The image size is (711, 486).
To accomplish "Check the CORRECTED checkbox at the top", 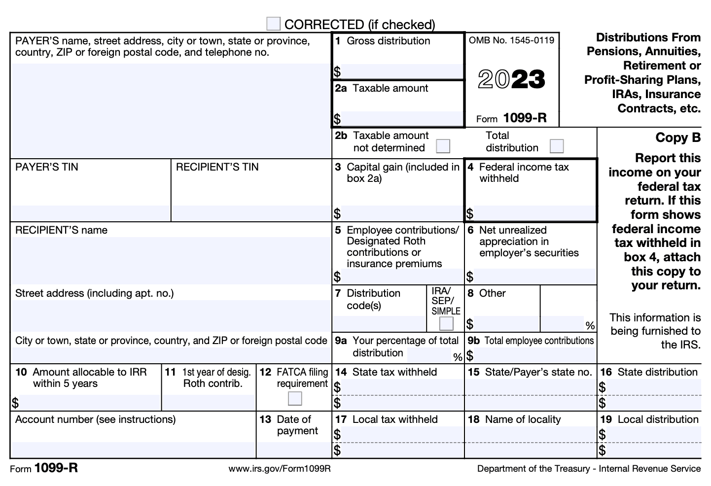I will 273,24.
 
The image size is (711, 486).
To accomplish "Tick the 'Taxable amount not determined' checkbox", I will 443,146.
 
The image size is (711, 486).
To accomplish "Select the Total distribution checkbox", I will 557,146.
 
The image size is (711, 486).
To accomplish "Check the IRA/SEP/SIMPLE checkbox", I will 446,323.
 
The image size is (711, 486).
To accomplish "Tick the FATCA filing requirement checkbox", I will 295,398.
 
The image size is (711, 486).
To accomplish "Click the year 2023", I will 511,79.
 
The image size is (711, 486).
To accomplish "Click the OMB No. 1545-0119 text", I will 511,40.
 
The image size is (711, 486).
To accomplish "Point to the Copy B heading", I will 677,138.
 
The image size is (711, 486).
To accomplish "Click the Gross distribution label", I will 388,41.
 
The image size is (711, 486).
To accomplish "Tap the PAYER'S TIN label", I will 47,167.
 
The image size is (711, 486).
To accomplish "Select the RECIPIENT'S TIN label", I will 217,167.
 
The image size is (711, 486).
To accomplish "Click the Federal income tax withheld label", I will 524,173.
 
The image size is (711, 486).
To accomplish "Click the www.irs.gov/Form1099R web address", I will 280,469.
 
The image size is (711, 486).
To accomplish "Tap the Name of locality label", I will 523,419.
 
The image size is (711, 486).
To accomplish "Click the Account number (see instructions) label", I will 95,419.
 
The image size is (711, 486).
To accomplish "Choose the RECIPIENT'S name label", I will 61,230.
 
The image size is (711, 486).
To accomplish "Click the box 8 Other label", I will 492,293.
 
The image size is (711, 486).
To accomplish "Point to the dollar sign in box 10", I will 15,403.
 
